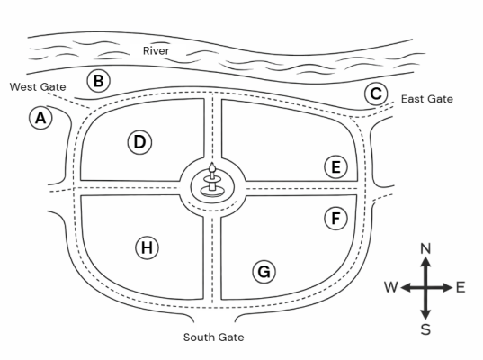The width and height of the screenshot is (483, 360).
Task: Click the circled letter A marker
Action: click(x=40, y=118)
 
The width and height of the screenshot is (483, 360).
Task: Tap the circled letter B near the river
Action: click(x=98, y=81)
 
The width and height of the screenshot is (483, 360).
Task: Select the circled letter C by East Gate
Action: click(x=376, y=94)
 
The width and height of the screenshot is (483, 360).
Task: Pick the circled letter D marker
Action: click(x=139, y=142)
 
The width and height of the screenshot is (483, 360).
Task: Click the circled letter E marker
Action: click(x=335, y=167)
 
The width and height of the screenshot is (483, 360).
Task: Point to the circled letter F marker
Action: click(x=335, y=218)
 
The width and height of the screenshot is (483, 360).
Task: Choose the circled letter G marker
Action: click(x=264, y=272)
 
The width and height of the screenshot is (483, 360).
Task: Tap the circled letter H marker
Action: click(x=147, y=247)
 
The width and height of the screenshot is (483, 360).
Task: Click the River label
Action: click(x=156, y=51)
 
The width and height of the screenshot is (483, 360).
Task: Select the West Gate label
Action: click(x=38, y=87)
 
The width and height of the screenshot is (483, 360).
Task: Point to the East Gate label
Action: click(x=427, y=99)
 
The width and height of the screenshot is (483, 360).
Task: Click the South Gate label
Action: click(x=213, y=337)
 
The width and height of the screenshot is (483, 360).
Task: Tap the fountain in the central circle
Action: click(x=212, y=182)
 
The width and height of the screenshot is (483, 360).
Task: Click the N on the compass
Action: click(x=425, y=248)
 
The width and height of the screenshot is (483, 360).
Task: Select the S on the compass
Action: click(x=425, y=329)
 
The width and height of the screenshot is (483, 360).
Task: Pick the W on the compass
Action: click(x=391, y=287)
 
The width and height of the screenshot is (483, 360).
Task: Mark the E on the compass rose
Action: click(x=461, y=287)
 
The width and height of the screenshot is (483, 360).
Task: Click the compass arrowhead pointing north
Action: click(x=425, y=261)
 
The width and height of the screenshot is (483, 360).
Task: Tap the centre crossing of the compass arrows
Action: click(x=425, y=288)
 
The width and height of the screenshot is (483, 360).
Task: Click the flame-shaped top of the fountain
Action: click(x=212, y=166)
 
